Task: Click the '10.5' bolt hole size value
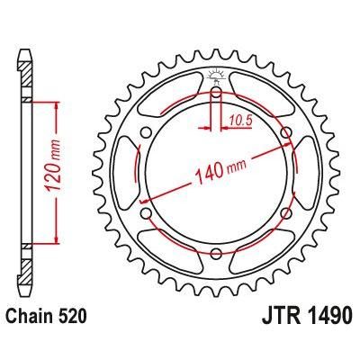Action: (238, 116)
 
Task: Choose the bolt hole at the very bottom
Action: (216, 254)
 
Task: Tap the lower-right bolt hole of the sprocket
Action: (286, 213)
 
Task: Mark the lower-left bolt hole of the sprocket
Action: (146, 213)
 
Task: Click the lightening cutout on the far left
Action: (124, 173)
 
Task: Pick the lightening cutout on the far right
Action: (308, 173)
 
